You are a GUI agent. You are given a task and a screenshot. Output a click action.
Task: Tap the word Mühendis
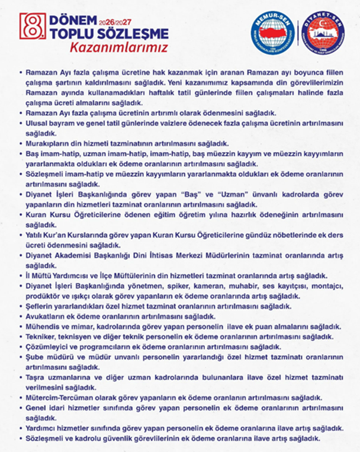(45, 326)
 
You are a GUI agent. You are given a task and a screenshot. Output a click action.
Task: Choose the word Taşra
(38, 377)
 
